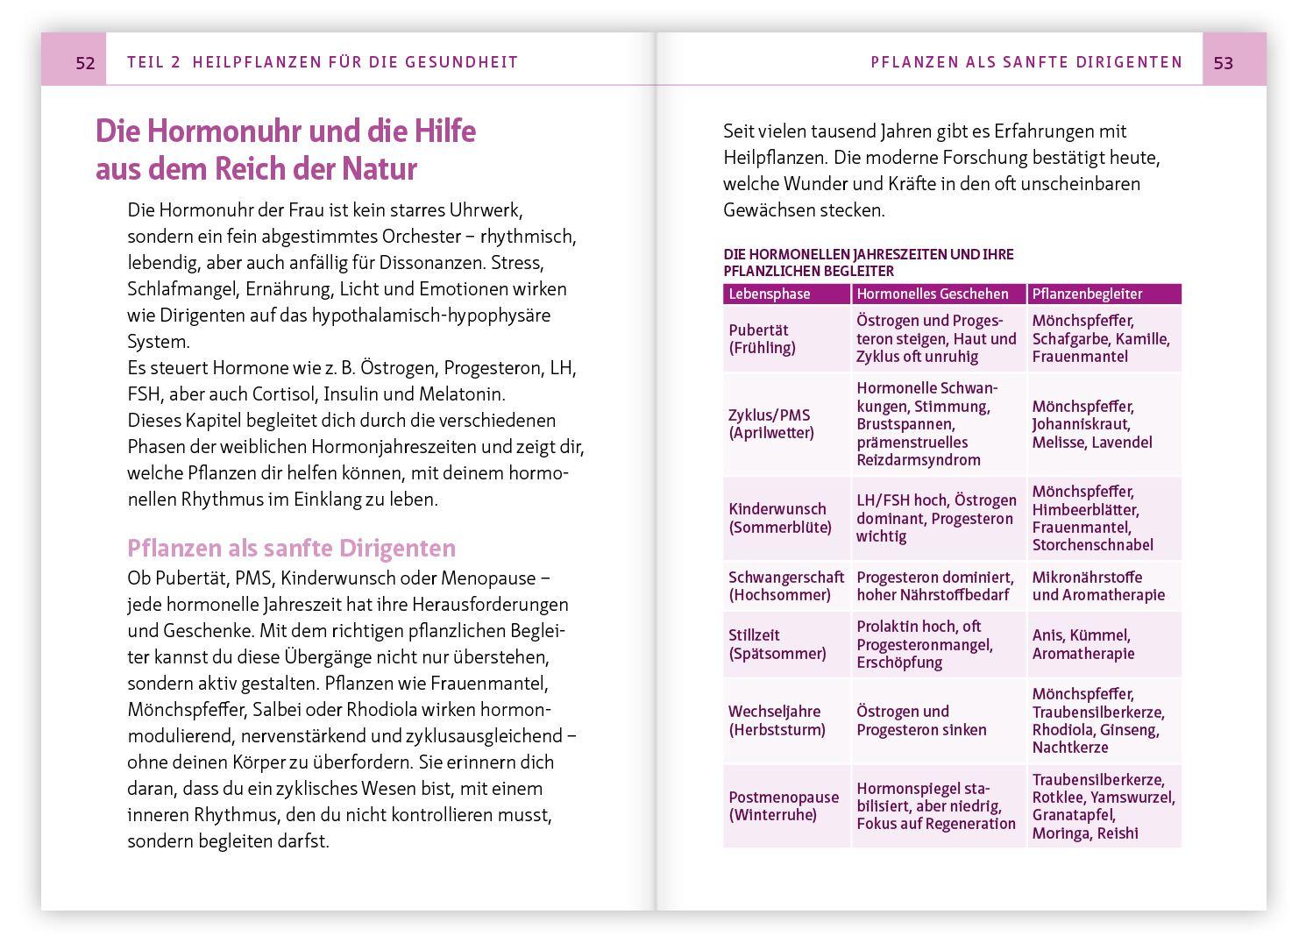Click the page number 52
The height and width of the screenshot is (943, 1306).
85,62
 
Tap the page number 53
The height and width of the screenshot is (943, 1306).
1223,62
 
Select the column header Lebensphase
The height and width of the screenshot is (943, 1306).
770,294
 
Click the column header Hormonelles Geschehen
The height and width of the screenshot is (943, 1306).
932,294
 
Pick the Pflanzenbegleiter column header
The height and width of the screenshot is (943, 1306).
1087,294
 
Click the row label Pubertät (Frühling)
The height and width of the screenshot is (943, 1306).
762,339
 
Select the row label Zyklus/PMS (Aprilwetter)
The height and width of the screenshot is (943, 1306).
770,424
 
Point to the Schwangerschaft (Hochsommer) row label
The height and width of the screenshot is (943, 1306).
785,586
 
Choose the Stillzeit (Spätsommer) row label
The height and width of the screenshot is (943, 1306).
777,644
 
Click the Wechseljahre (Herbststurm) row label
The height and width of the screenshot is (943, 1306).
776,720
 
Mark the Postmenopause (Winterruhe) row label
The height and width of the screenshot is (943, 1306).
783,806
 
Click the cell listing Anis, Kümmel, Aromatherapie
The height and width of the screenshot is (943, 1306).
1082,644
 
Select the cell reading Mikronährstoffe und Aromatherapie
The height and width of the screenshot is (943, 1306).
1097,586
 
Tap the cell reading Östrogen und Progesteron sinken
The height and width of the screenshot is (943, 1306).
921,720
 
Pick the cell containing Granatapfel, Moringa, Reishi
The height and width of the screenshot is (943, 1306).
1103,806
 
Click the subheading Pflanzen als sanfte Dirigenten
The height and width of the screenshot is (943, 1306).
291,549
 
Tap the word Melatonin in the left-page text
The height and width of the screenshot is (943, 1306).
461,394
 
